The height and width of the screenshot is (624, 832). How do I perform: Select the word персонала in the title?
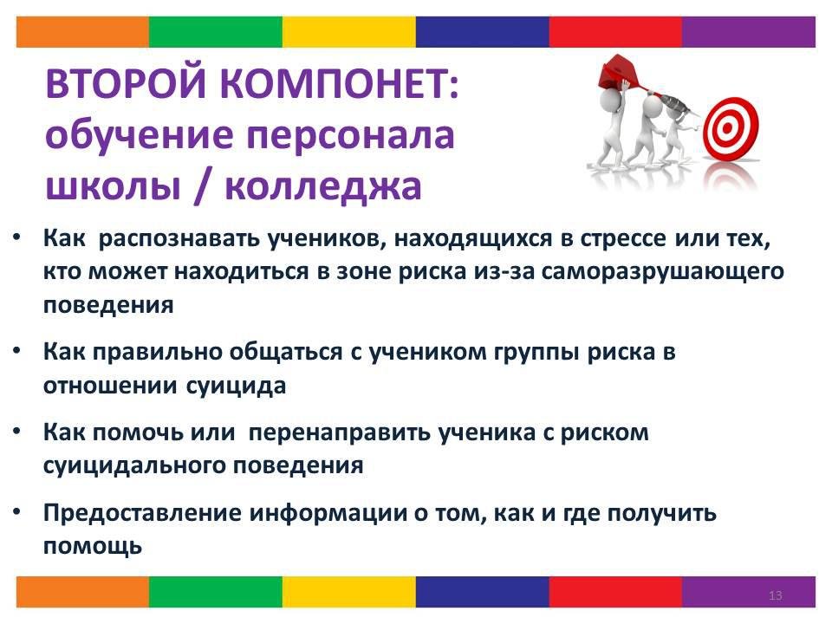click(351, 136)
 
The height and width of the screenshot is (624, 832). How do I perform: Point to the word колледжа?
click(323, 187)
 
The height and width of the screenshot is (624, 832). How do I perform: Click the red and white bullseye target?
click(731, 128)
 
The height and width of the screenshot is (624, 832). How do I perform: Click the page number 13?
click(775, 595)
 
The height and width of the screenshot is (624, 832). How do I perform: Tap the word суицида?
click(236, 386)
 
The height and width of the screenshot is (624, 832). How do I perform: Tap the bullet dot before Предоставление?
click(17, 511)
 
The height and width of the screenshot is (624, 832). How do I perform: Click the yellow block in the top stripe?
click(348, 32)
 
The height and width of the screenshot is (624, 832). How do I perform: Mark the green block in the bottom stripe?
click(216, 592)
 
